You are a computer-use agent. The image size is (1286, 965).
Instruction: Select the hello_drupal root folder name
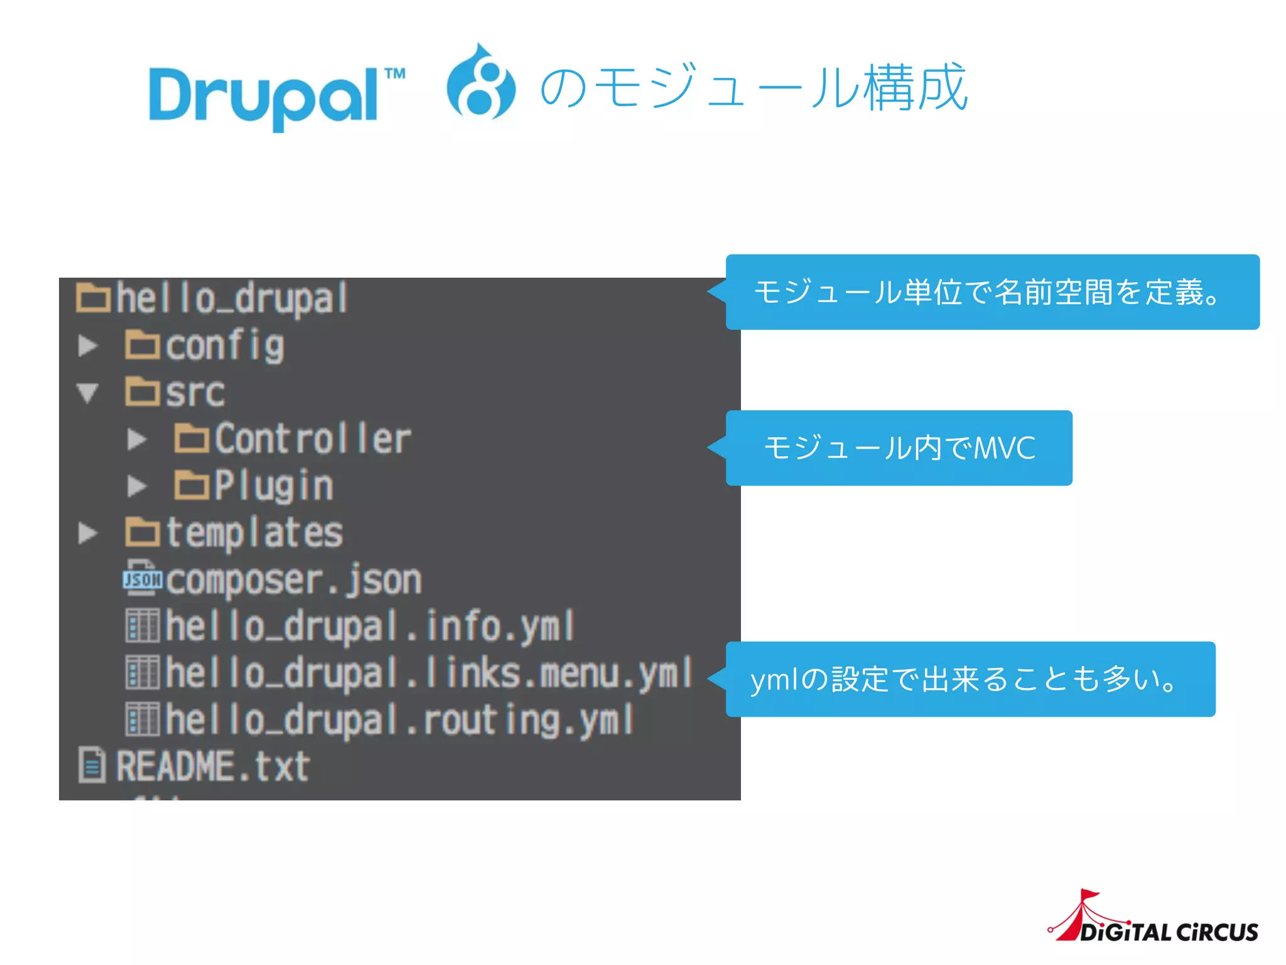click(x=232, y=298)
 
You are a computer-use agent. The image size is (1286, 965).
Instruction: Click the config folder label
click(x=225, y=346)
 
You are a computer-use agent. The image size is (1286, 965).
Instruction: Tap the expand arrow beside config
click(x=88, y=346)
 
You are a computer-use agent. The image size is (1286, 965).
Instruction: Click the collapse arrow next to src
click(x=88, y=393)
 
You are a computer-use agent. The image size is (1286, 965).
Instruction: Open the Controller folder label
click(x=313, y=439)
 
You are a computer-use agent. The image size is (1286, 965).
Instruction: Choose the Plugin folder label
click(x=274, y=486)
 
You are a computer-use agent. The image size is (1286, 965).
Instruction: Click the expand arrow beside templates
click(x=88, y=533)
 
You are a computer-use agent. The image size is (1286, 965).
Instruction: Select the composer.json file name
click(x=294, y=580)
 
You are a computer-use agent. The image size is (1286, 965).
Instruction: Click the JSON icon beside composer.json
click(x=143, y=578)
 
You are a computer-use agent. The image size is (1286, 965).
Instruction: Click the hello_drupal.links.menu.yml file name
click(x=429, y=673)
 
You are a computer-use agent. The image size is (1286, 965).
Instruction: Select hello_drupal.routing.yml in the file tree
click(x=399, y=720)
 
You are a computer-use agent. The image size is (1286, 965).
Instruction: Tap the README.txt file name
click(x=213, y=766)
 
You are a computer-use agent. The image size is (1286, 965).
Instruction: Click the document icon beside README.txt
click(x=92, y=765)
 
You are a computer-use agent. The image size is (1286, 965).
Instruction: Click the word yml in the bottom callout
click(x=774, y=680)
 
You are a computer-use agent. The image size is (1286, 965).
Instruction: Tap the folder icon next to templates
click(x=143, y=532)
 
